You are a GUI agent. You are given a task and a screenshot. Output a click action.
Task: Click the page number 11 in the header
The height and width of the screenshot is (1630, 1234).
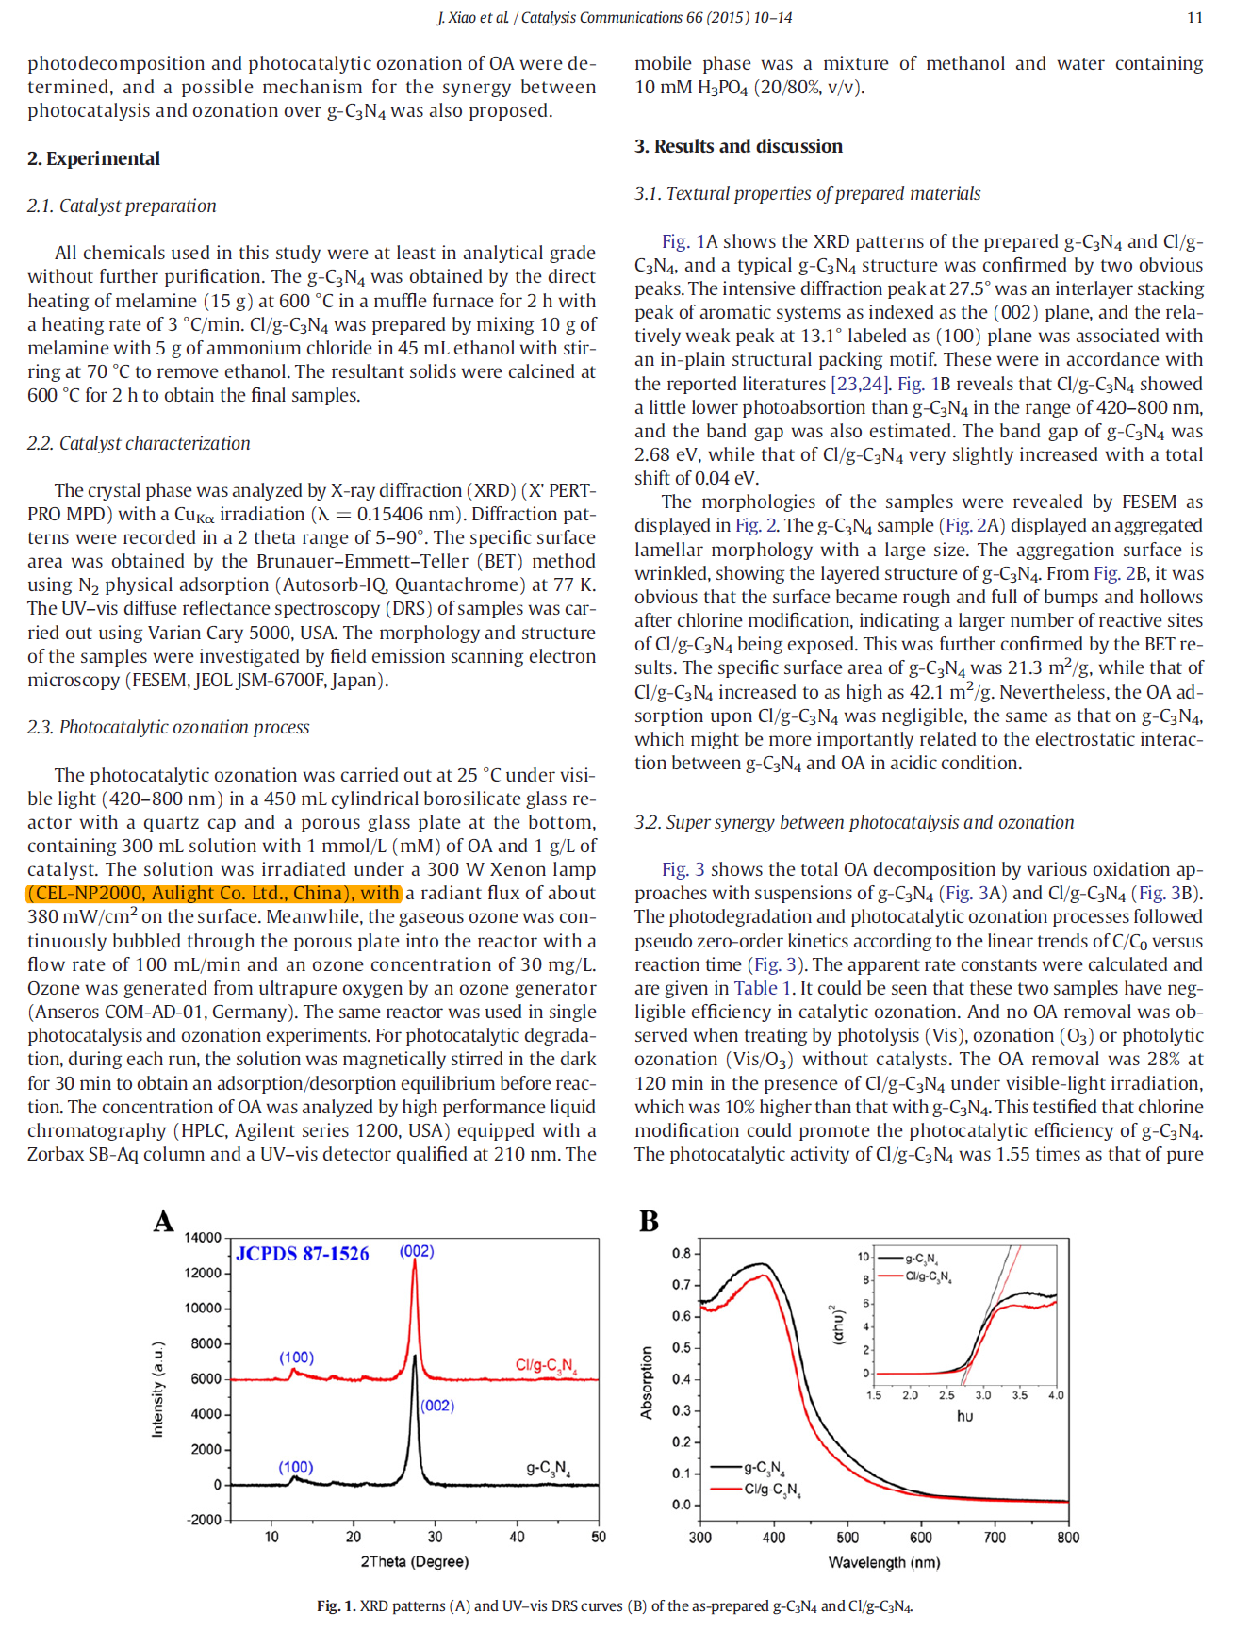coord(1194,17)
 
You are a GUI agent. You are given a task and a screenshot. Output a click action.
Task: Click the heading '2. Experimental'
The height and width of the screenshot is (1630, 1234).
coord(93,158)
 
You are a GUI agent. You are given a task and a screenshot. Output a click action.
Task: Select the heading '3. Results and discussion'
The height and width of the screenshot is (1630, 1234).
coord(738,146)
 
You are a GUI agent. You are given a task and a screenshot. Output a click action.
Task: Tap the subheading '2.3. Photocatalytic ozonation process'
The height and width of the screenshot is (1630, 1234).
coord(168,727)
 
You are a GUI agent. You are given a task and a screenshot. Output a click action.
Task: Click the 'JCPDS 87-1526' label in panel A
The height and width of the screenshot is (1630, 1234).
coord(303,1254)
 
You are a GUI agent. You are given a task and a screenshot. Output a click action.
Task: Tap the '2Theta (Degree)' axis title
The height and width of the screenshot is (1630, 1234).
coord(414,1561)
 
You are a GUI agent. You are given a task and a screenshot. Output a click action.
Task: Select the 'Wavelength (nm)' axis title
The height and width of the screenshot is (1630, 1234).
coord(883,1562)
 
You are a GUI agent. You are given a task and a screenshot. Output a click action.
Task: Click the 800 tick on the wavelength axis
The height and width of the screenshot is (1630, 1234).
coord(1067,1538)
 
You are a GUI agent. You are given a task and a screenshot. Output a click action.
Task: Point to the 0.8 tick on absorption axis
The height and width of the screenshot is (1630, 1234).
coord(681,1253)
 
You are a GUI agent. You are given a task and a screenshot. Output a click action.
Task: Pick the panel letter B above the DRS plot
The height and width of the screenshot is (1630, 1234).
coord(649,1222)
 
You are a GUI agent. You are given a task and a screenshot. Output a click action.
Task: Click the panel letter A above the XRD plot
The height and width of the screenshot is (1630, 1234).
coord(164,1222)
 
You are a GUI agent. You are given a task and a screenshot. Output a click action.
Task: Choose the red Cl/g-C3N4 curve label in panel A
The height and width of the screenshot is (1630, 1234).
coord(545,1365)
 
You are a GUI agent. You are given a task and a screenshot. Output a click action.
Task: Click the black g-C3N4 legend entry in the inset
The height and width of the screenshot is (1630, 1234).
coord(920,1260)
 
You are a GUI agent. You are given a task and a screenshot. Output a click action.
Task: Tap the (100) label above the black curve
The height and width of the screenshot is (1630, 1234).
coord(295,1467)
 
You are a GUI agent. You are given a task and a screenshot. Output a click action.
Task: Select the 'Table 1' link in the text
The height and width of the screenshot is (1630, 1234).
coord(755,988)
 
